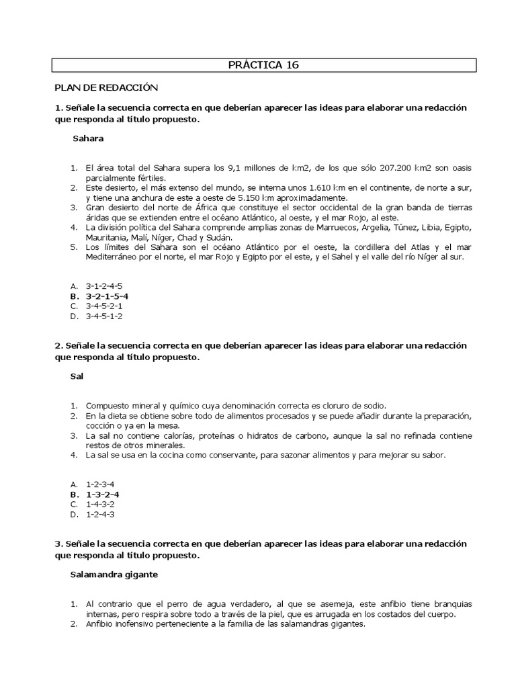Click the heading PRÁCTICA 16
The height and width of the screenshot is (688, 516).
(264, 65)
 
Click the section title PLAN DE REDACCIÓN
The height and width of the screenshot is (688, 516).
(105, 88)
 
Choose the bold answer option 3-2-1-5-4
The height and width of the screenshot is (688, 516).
(107, 296)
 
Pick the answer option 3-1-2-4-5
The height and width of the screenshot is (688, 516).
(104, 286)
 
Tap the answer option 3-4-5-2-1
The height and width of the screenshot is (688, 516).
(104, 306)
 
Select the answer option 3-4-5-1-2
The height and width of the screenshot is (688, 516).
(104, 316)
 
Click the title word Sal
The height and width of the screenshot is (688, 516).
(77, 376)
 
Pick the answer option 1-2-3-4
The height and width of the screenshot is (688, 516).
(101, 484)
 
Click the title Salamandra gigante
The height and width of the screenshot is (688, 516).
(114, 574)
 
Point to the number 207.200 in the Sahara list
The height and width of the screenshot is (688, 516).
(398, 169)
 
